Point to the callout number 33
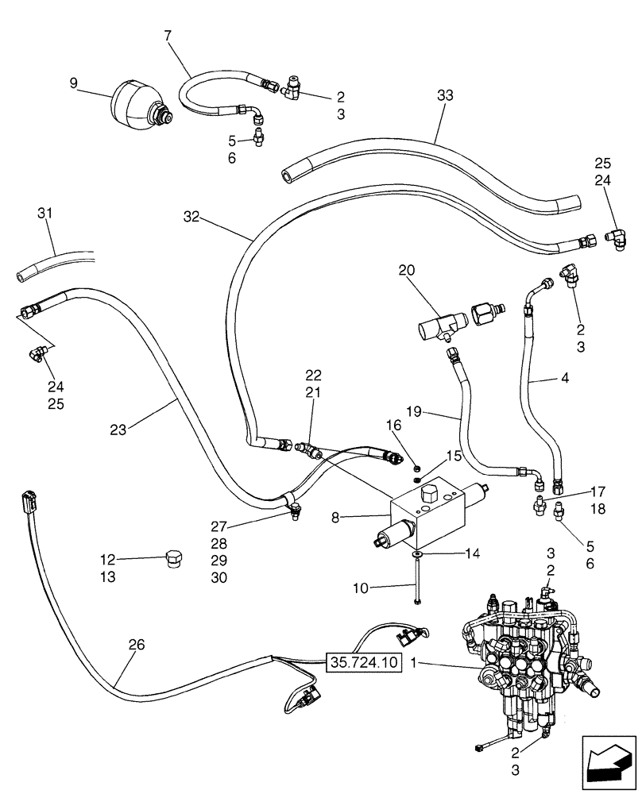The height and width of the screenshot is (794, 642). pos(445,95)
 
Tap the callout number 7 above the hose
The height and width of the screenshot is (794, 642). pos(168,37)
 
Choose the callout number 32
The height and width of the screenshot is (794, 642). pos(191,215)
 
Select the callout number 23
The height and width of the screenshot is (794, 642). pos(119,430)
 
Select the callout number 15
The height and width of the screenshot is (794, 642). pos(453,457)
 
